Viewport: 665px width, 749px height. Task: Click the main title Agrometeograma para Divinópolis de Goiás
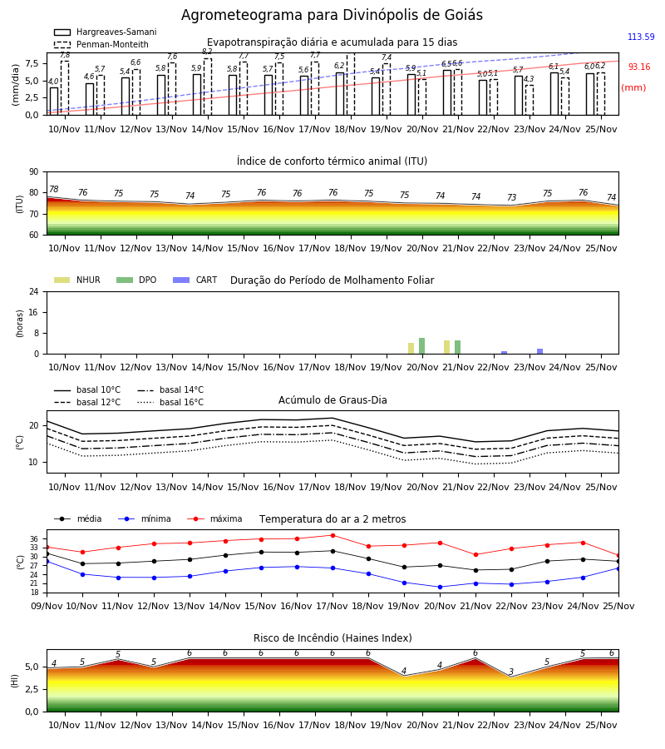(x=332, y=15)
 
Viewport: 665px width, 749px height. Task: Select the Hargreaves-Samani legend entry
(x=105, y=32)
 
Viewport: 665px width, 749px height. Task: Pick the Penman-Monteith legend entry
(x=101, y=44)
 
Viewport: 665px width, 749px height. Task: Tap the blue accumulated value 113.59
(x=641, y=37)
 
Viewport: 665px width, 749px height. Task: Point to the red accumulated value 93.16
(x=638, y=67)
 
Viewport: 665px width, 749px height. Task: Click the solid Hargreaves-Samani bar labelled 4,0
(x=54, y=102)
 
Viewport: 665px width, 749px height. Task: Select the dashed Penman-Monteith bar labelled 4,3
(x=530, y=100)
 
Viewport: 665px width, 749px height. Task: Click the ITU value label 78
(x=54, y=189)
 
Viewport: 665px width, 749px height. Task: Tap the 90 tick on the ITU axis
(x=34, y=172)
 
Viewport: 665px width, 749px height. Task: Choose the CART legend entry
(x=195, y=280)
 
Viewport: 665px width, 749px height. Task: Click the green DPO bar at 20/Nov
(x=421, y=346)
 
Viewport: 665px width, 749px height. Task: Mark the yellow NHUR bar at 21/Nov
(x=446, y=347)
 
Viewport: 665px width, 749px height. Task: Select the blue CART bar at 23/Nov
(x=540, y=351)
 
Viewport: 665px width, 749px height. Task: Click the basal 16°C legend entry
(x=170, y=402)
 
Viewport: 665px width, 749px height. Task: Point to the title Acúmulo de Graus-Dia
(x=332, y=400)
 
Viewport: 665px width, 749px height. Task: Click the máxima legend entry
(x=214, y=518)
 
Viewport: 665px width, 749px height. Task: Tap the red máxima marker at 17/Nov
(x=333, y=535)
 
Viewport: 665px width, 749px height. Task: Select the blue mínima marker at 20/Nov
(x=440, y=587)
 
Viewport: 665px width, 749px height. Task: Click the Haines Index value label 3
(x=511, y=672)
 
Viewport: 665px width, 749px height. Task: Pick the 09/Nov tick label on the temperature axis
(x=47, y=606)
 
